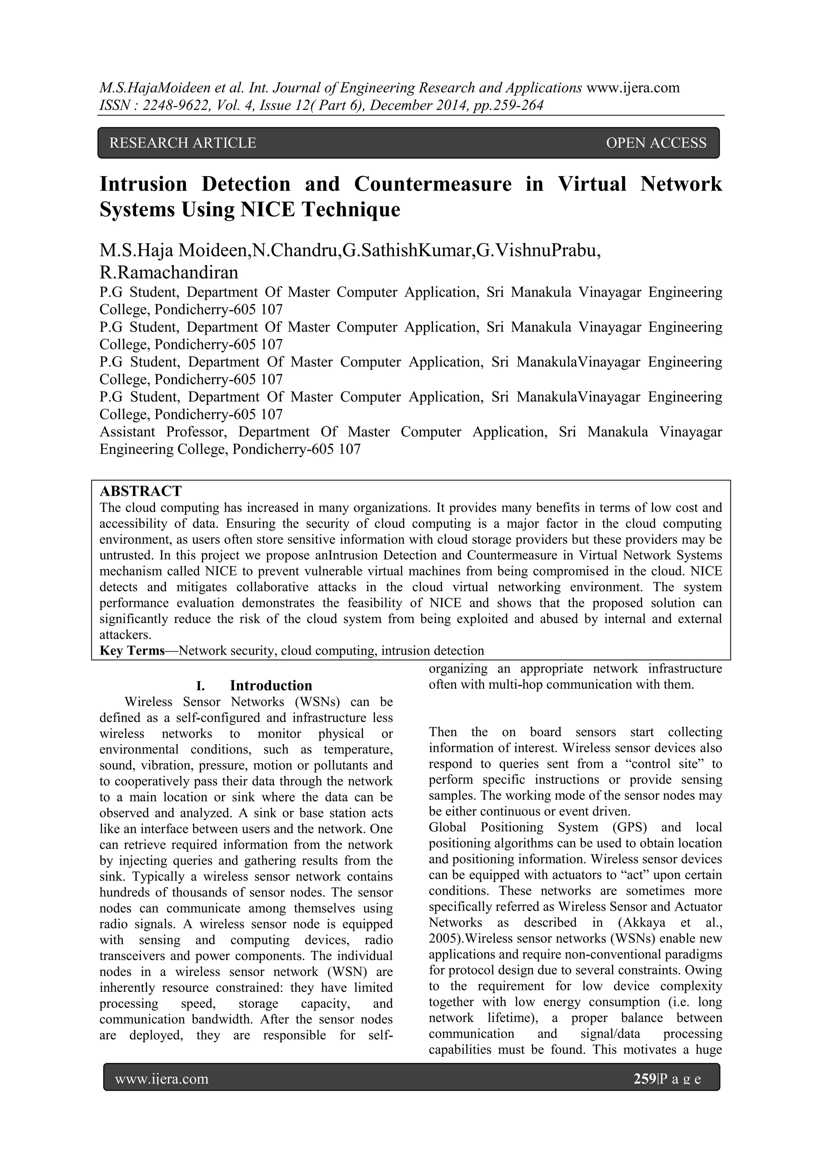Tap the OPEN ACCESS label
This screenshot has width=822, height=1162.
(x=655, y=143)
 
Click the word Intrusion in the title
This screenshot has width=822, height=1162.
(x=143, y=184)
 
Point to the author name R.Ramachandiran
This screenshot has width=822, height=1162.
(x=169, y=273)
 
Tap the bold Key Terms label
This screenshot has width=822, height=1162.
(x=132, y=651)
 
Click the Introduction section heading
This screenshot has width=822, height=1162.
(x=271, y=686)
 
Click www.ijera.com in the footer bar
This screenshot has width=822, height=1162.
(x=161, y=1079)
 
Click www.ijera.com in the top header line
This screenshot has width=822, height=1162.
(x=633, y=88)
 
